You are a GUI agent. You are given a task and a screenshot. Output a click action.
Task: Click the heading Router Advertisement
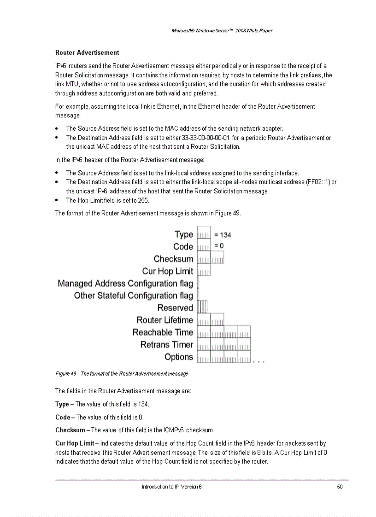coord(87,53)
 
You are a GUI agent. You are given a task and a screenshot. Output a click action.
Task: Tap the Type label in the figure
coord(184,234)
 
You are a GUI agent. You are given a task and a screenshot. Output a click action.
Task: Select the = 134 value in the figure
coord(223,235)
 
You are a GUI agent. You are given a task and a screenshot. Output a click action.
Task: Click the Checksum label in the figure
coord(173,259)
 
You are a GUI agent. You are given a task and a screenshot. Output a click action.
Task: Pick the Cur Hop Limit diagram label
coord(168,271)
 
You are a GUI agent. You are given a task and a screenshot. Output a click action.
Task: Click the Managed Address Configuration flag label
coord(125,284)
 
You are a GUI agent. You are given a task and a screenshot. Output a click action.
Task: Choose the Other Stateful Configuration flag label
coord(134,296)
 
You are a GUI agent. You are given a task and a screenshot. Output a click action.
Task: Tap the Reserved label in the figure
coord(175,308)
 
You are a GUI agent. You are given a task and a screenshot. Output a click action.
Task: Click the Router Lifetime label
coord(165,320)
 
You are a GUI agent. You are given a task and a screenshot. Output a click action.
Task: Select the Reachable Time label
coord(163,332)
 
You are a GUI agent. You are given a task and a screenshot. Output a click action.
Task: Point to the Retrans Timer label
coord(167,344)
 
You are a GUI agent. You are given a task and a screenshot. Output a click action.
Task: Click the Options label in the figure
coord(179,357)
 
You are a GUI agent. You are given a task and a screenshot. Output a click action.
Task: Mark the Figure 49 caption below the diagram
coord(122,373)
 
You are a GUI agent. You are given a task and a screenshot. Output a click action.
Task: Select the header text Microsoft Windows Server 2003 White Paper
coord(222,31)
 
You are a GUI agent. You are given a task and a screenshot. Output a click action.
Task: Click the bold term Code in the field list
coord(63,417)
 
